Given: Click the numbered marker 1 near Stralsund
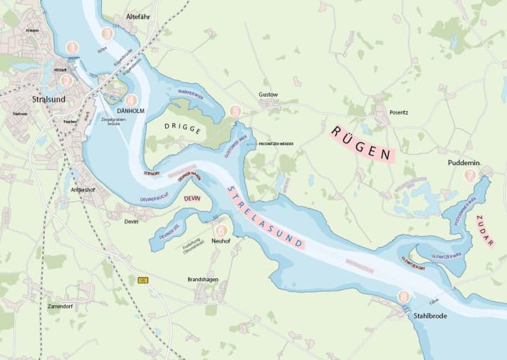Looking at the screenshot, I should (71, 48).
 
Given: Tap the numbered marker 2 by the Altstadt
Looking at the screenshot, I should (66, 81).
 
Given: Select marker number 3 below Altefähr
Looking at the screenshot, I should (108, 33).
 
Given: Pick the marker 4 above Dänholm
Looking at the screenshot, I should (130, 100).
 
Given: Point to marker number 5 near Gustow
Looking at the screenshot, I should (236, 111).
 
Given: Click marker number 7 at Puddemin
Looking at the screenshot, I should (469, 174).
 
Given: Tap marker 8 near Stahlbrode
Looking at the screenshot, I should (404, 297).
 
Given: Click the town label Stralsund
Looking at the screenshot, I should (48, 99).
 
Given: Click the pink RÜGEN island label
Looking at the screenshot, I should (361, 143).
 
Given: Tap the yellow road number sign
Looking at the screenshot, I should (142, 280).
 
